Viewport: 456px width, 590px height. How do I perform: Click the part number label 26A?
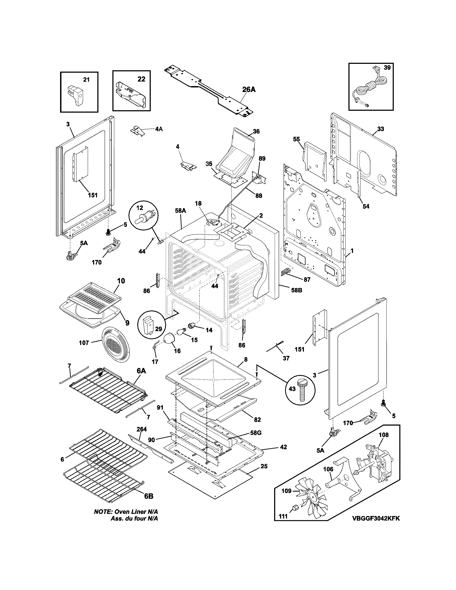[x=248, y=89]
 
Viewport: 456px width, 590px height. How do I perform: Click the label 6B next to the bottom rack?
[x=148, y=496]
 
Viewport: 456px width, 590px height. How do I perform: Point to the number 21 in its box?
[x=86, y=80]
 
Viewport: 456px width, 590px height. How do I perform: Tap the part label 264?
[x=142, y=429]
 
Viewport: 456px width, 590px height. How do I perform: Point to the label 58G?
[x=256, y=433]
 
